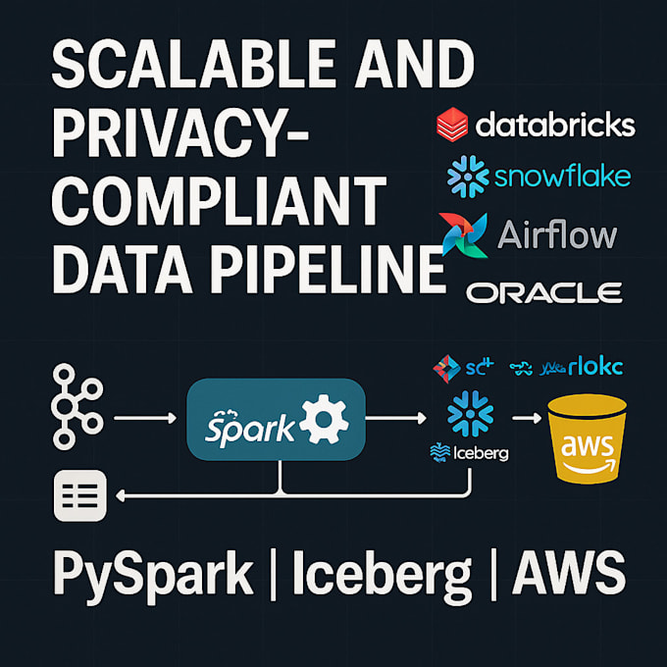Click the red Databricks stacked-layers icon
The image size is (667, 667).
[x=453, y=125]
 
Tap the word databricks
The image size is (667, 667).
[x=555, y=126]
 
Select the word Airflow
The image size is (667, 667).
[x=557, y=235]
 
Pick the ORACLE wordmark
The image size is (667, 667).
[x=543, y=291]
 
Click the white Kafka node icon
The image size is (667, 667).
[x=77, y=409]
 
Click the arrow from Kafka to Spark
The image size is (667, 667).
[x=145, y=419]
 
